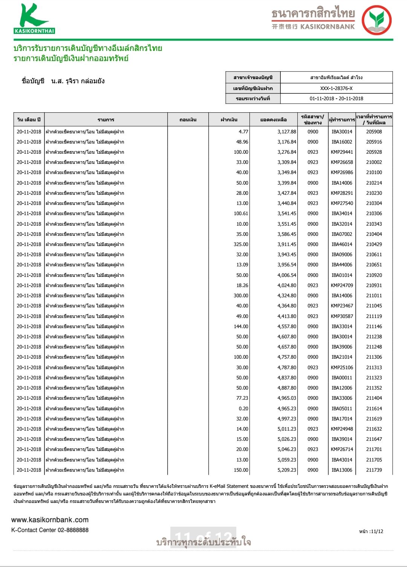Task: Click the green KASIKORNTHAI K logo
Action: pyautogui.click(x=34, y=19)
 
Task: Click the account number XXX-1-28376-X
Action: pyautogui.click(x=336, y=88)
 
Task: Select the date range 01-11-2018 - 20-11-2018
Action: pyautogui.click(x=336, y=98)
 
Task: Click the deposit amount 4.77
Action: pyautogui.click(x=243, y=131)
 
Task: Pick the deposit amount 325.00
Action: pyautogui.click(x=241, y=244)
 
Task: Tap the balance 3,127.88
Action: pyautogui.click(x=287, y=131)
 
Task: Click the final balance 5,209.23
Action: pyautogui.click(x=287, y=470)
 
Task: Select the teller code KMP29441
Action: pyautogui.click(x=342, y=152)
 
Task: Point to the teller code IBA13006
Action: pyautogui.click(x=342, y=470)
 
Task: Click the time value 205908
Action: pyautogui.click(x=374, y=131)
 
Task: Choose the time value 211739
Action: pyautogui.click(x=374, y=470)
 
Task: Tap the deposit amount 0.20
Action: pyautogui.click(x=243, y=408)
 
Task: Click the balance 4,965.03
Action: pyautogui.click(x=287, y=398)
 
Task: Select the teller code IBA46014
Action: pyautogui.click(x=342, y=244)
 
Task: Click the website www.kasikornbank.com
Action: pyautogui.click(x=50, y=520)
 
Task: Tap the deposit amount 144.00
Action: pyautogui.click(x=241, y=326)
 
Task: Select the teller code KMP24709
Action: pyautogui.click(x=342, y=285)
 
